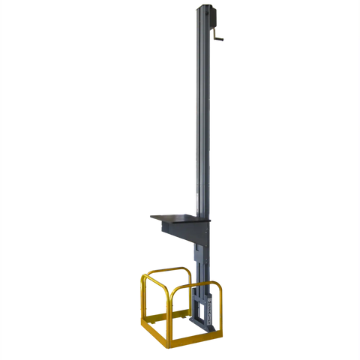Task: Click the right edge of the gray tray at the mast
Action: click(196, 217)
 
